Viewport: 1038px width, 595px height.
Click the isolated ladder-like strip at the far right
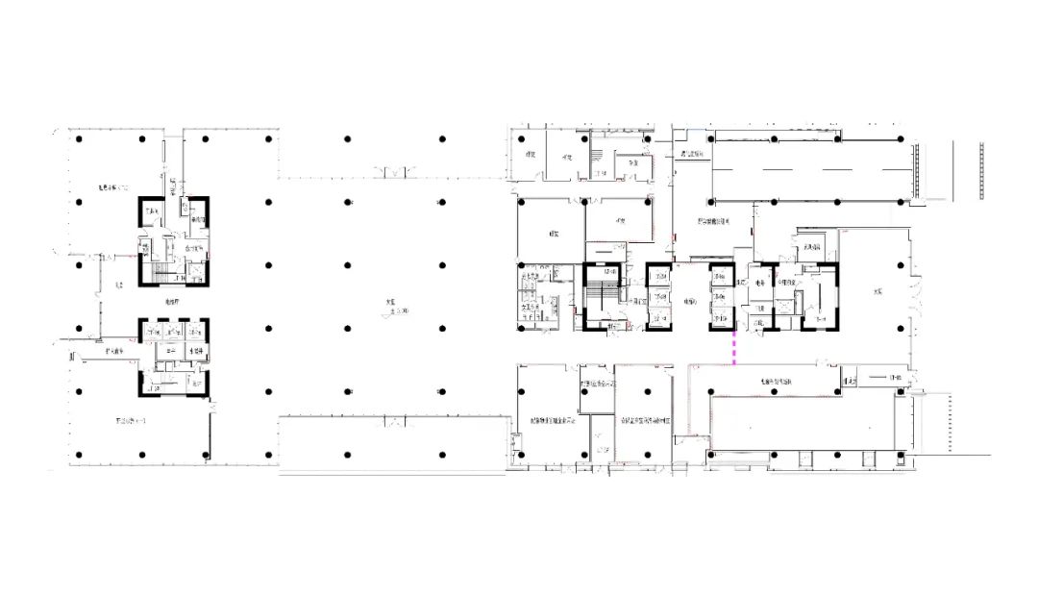coord(982,170)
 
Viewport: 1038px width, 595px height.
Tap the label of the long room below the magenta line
coord(775,382)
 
